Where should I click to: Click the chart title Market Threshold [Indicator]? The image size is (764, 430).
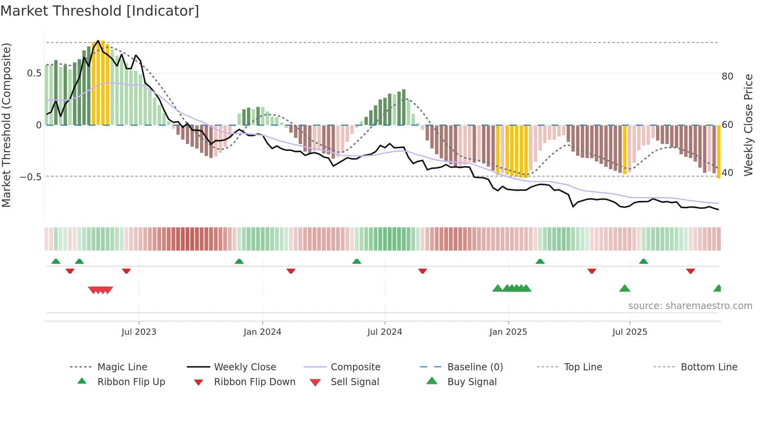[100, 11]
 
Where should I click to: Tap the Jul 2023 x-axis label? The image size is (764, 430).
[139, 332]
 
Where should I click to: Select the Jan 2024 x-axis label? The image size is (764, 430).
[262, 332]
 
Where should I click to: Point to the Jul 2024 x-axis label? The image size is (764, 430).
[385, 332]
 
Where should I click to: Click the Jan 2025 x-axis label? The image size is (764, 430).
[508, 332]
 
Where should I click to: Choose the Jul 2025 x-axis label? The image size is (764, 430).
[630, 332]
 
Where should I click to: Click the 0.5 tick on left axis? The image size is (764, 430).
[34, 73]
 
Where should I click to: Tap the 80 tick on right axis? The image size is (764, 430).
[727, 76]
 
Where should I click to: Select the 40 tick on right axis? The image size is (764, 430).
[727, 172]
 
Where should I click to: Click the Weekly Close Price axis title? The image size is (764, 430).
[748, 125]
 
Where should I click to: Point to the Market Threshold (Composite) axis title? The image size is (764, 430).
[6, 125]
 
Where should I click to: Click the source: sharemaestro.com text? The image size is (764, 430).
[690, 306]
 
